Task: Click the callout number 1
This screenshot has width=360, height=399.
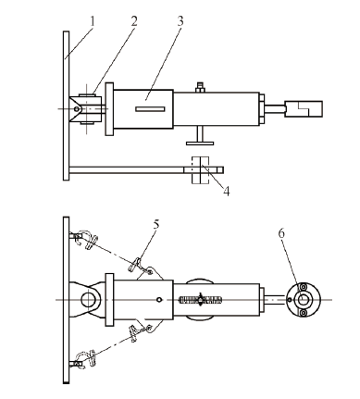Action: point(93,21)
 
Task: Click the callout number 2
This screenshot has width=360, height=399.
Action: point(134,21)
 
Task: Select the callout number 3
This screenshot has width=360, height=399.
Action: point(180,21)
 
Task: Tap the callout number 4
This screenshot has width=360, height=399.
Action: point(227,192)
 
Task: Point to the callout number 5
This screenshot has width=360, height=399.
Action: point(156,224)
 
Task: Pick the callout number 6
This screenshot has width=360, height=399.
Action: point(281,233)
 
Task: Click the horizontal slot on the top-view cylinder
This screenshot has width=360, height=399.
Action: point(150,109)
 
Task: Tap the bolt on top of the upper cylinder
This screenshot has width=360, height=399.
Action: point(200,87)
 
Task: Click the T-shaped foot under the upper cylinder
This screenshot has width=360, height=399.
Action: point(200,136)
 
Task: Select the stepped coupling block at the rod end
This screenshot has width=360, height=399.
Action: point(304,108)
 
